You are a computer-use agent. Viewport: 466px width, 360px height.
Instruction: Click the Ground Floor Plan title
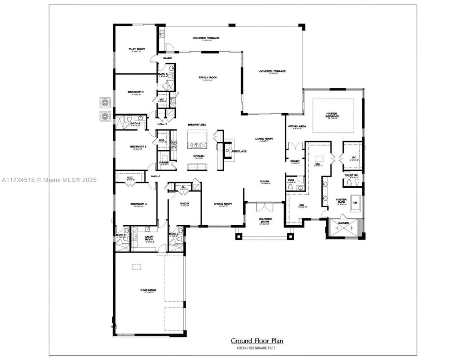pyautogui.click(x=257, y=341)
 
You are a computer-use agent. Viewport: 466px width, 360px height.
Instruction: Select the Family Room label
pyautogui.click(x=208, y=78)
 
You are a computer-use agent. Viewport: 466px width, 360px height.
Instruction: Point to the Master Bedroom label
pyautogui.click(x=332, y=115)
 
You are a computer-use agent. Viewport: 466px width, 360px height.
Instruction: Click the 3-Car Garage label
pyautogui.click(x=148, y=290)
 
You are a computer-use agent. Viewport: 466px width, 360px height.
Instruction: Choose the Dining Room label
pyautogui.click(x=223, y=204)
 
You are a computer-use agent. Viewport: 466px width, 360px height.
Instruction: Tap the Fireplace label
pyautogui.click(x=239, y=151)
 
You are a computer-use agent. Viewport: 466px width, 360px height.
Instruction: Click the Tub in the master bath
pyautogui.click(x=355, y=203)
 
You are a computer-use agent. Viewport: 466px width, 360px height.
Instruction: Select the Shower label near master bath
pyautogui.click(x=343, y=223)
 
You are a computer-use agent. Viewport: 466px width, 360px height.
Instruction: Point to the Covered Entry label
pyautogui.click(x=265, y=219)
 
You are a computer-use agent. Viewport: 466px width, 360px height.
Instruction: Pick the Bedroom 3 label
pyautogui.click(x=138, y=147)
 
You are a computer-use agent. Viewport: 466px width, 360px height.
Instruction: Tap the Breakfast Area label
pyautogui.click(x=197, y=124)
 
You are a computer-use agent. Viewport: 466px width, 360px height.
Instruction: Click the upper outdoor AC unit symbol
pyautogui.click(x=105, y=103)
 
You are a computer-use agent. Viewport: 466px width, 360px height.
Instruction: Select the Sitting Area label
pyautogui.click(x=297, y=126)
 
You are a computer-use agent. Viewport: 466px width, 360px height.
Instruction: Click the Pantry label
pyautogui.click(x=164, y=163)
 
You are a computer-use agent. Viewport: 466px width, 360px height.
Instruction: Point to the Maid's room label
pyautogui.click(x=184, y=203)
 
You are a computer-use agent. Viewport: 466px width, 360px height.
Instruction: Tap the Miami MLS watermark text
pyautogui.click(x=49, y=180)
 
